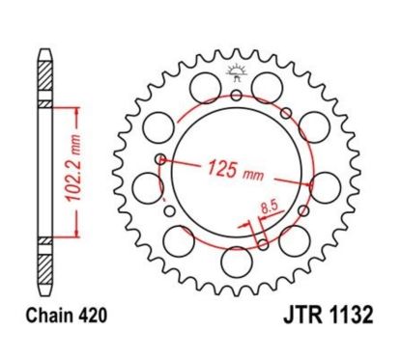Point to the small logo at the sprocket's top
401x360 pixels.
236,70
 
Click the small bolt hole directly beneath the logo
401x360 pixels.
236,96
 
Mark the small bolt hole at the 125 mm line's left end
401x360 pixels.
161,158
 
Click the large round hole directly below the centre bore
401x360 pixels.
236,260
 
